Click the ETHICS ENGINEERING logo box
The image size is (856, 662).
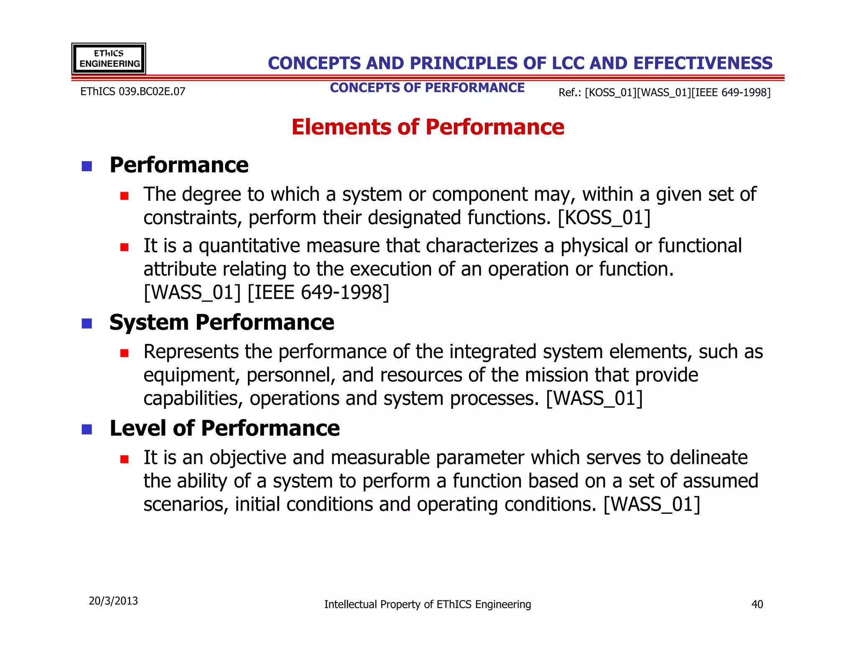click(x=109, y=59)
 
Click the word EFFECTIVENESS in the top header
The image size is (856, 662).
click(x=703, y=63)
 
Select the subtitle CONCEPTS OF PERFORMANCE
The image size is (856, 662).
click(x=427, y=88)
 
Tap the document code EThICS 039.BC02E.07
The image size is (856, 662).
click(x=132, y=92)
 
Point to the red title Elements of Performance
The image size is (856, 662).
click(x=428, y=127)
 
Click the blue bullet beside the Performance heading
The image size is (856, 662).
click(x=87, y=166)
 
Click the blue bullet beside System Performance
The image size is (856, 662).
click(x=87, y=323)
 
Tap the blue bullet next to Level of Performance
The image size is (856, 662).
click(x=87, y=429)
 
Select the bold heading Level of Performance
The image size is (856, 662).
click(x=224, y=428)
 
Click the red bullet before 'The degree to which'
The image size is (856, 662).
click(x=124, y=196)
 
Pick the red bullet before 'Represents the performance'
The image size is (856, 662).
click(x=124, y=353)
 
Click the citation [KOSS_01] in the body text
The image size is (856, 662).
click(x=604, y=218)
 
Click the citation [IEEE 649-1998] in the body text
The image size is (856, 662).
click(x=318, y=292)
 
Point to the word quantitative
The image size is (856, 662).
click(x=249, y=246)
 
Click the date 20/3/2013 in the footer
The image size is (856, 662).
click(x=113, y=601)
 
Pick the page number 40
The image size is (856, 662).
click(x=757, y=604)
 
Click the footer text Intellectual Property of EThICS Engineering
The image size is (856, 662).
click(x=428, y=604)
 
